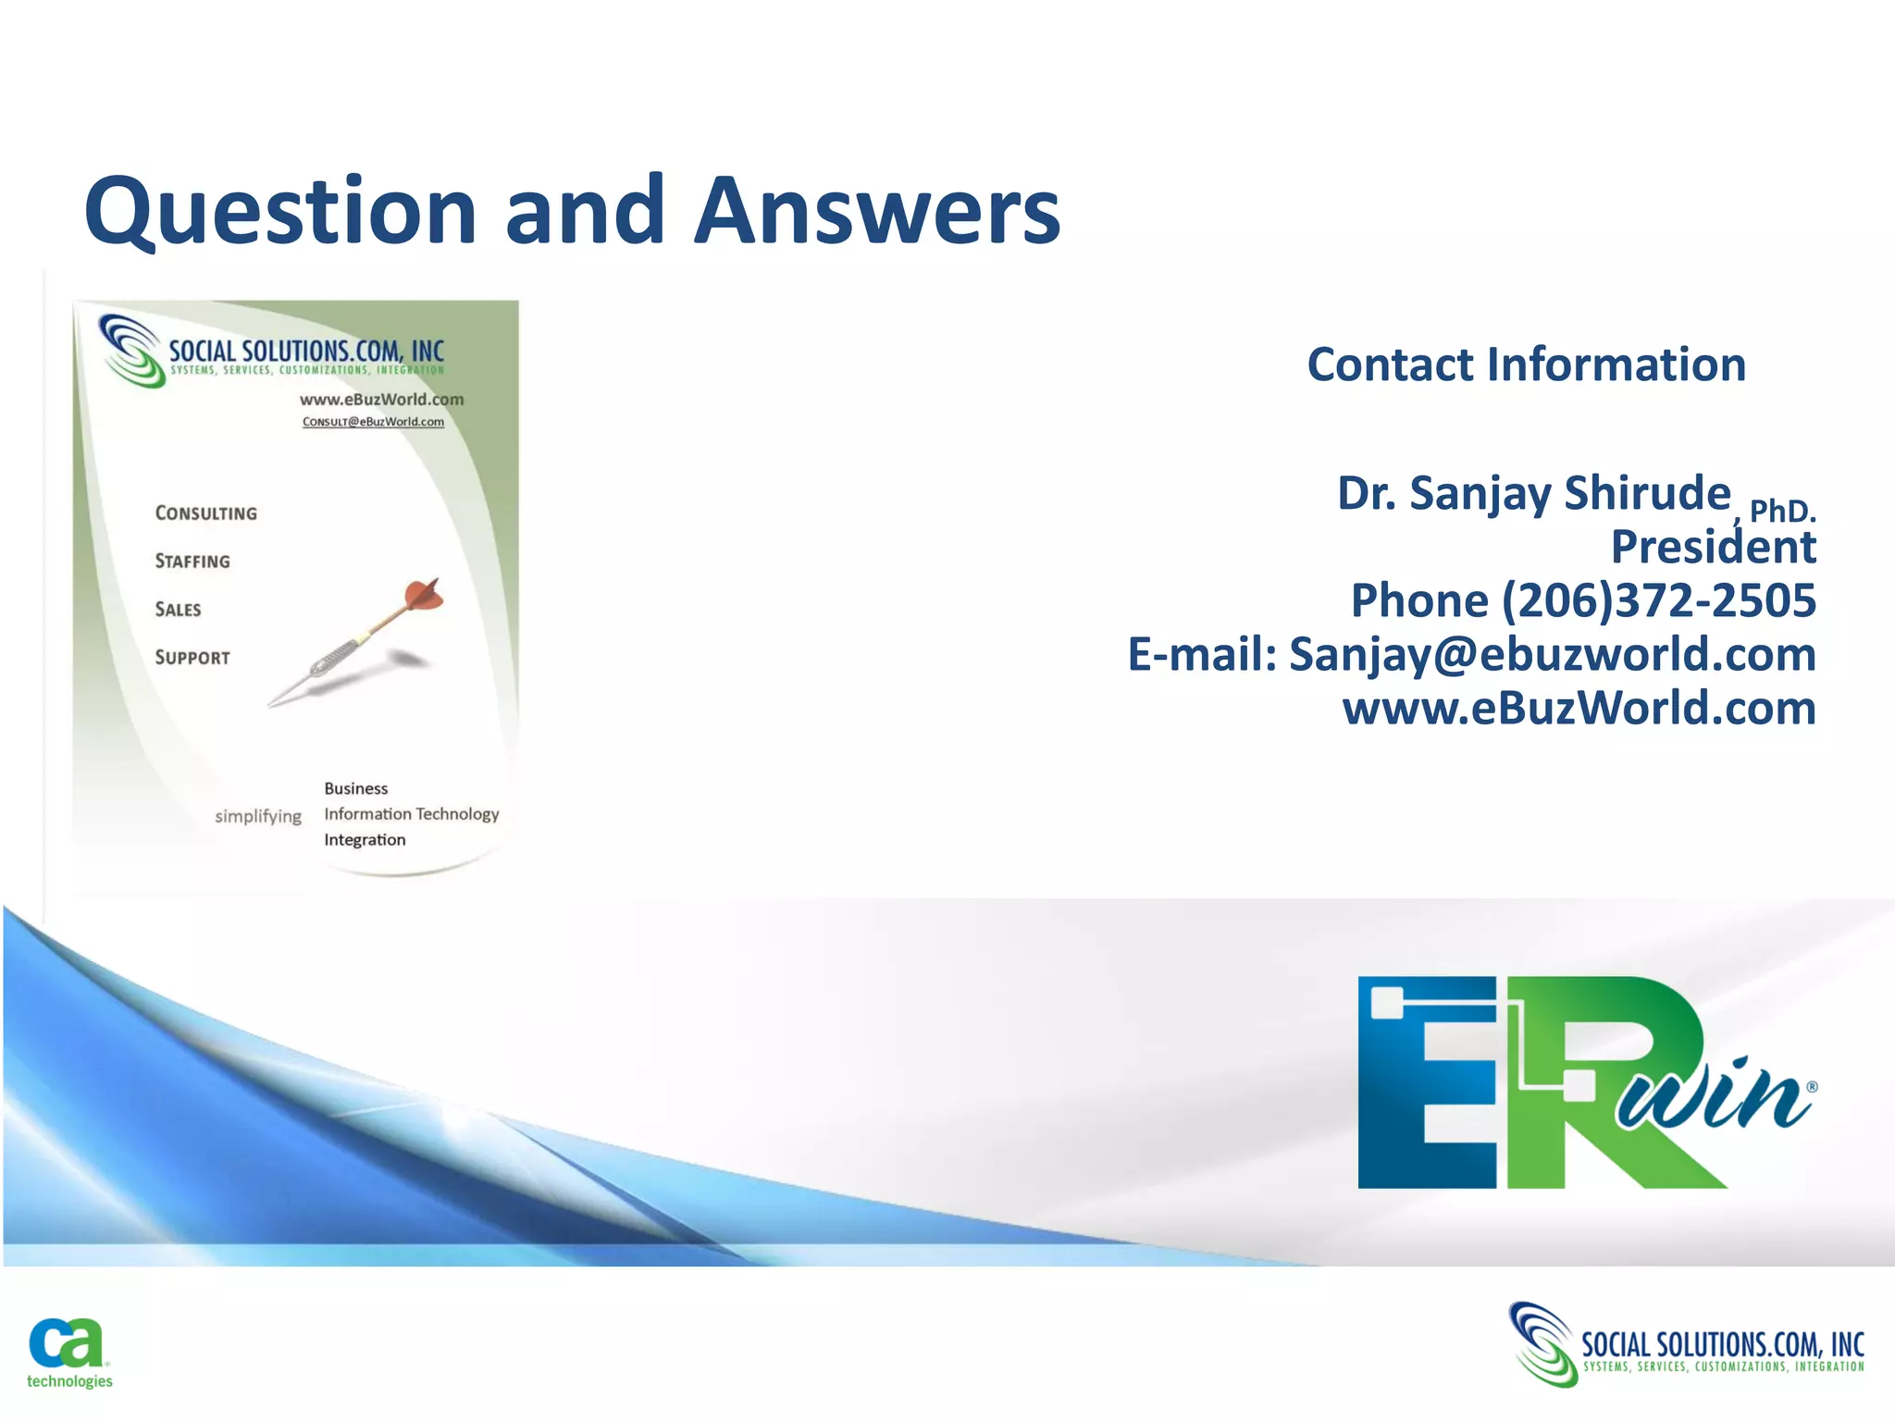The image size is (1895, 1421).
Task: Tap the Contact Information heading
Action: [x=1526, y=365]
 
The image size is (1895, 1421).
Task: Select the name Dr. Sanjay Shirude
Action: [x=1533, y=493]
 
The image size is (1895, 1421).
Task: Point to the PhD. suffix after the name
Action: [x=1782, y=511]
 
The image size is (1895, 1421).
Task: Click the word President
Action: [x=1714, y=547]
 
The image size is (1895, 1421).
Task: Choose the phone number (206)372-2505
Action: [x=1658, y=600]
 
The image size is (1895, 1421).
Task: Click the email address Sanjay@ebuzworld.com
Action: [x=1553, y=654]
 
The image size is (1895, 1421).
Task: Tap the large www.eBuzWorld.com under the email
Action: [x=1579, y=709]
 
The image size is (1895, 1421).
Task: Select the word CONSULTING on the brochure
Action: [x=206, y=513]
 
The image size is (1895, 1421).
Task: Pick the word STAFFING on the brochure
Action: [x=192, y=562]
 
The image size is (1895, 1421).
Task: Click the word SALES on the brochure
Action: [x=178, y=610]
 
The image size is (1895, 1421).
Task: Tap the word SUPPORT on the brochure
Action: [x=192, y=658]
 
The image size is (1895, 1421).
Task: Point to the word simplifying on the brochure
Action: [x=258, y=816]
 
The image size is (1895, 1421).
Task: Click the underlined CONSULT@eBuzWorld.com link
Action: [x=373, y=422]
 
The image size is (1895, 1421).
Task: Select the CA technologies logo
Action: [x=68, y=1353]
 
